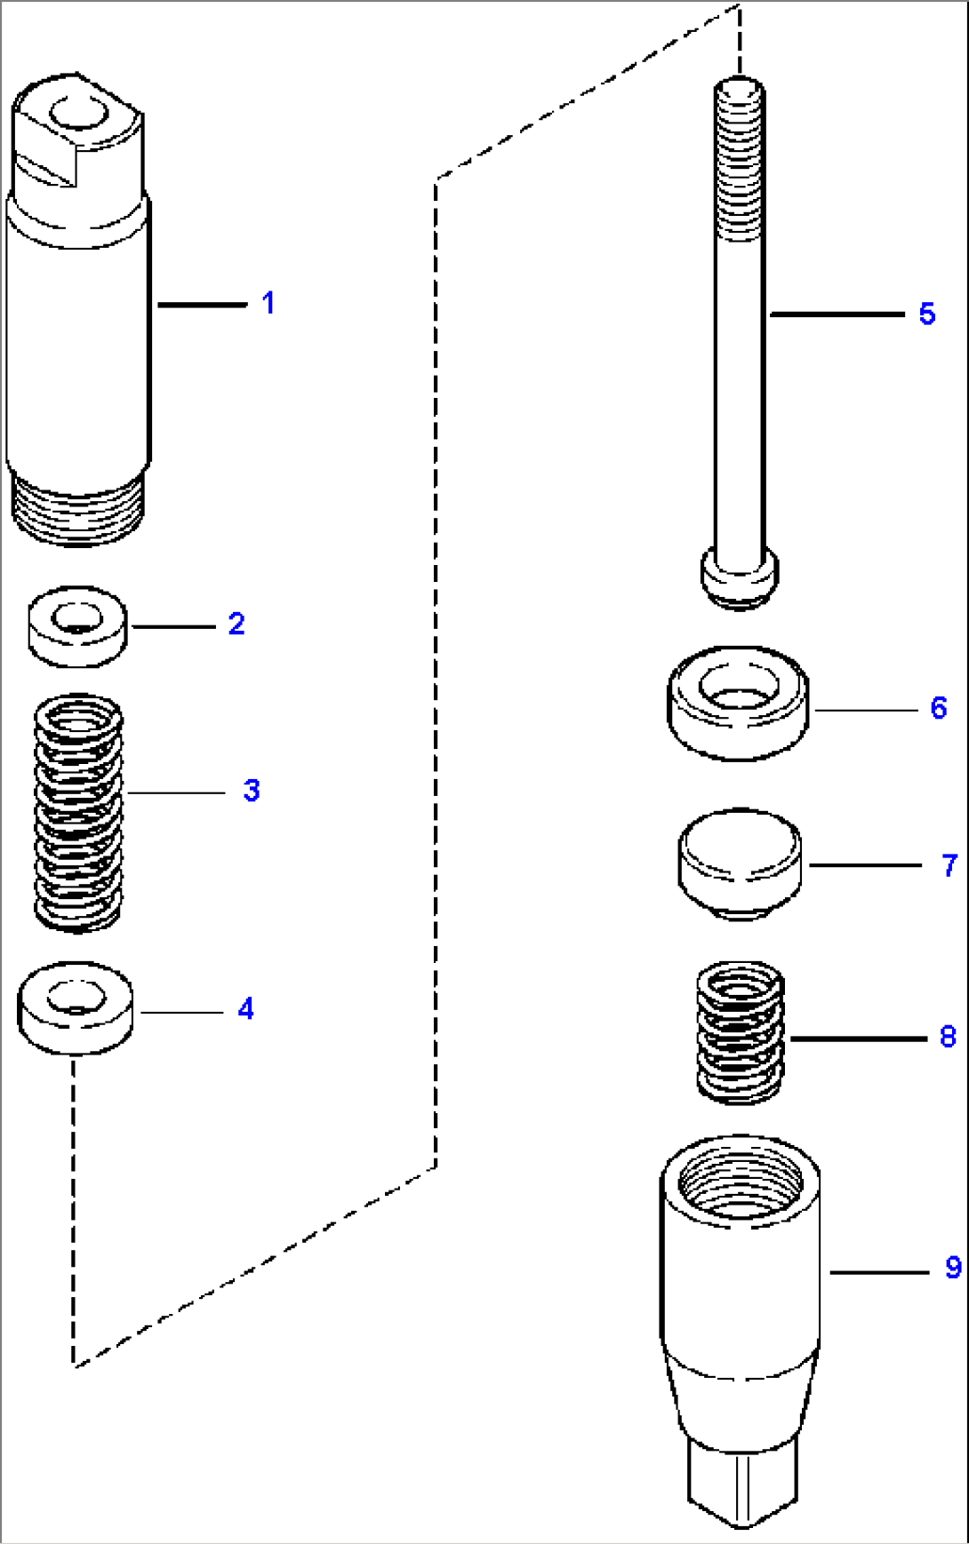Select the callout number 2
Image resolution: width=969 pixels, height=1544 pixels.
pos(236,624)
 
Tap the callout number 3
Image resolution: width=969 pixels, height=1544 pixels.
pos(252,790)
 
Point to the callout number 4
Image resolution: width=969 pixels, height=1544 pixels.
pos(246,1009)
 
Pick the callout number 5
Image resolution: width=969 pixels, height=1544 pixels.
pos(927,314)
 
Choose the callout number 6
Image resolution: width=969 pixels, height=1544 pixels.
pos(939,708)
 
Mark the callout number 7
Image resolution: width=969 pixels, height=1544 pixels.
pos(949,864)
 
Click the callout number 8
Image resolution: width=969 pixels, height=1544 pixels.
pos(949,1037)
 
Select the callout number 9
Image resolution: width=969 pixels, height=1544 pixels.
pos(953,1268)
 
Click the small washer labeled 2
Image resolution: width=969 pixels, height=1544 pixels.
pos(77,626)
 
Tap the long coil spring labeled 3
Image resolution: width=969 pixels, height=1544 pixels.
pos(78,813)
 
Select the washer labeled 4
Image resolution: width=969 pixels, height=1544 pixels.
pos(76,1008)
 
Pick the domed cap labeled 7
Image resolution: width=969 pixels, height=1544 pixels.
pos(740,862)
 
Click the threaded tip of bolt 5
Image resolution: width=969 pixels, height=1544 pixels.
pos(739,160)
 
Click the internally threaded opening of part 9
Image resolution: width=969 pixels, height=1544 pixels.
pos(740,1182)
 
